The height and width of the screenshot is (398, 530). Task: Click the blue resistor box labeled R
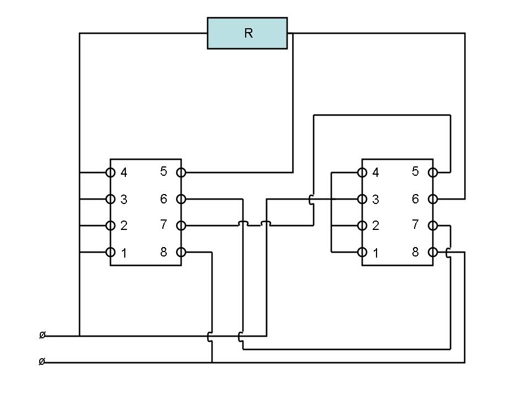[247, 33]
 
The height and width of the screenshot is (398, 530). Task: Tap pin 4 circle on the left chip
[110, 172]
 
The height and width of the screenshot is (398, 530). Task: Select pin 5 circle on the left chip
[181, 172]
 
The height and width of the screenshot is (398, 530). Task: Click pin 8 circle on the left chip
[181, 252]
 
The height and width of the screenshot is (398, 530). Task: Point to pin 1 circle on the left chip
[110, 252]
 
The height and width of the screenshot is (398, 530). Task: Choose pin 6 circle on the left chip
[181, 199]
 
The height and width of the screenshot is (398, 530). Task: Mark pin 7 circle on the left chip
[181, 226]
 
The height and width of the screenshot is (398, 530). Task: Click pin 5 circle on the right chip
[433, 172]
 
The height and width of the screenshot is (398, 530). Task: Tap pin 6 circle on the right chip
[433, 199]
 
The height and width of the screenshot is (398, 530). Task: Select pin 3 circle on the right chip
[362, 199]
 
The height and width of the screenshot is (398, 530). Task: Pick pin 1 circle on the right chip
[362, 252]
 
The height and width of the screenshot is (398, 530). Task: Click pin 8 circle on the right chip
[433, 252]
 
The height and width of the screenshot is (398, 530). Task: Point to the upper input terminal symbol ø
[43, 335]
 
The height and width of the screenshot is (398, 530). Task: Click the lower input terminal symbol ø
[42, 362]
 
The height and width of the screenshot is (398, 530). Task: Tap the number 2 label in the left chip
[124, 226]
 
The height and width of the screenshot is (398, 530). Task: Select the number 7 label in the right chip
[415, 224]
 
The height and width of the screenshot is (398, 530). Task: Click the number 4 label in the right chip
[375, 172]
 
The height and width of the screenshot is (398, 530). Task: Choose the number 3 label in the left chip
[124, 200]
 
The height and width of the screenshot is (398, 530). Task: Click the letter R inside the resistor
[248, 33]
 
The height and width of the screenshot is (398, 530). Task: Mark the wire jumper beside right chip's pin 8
[448, 253]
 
